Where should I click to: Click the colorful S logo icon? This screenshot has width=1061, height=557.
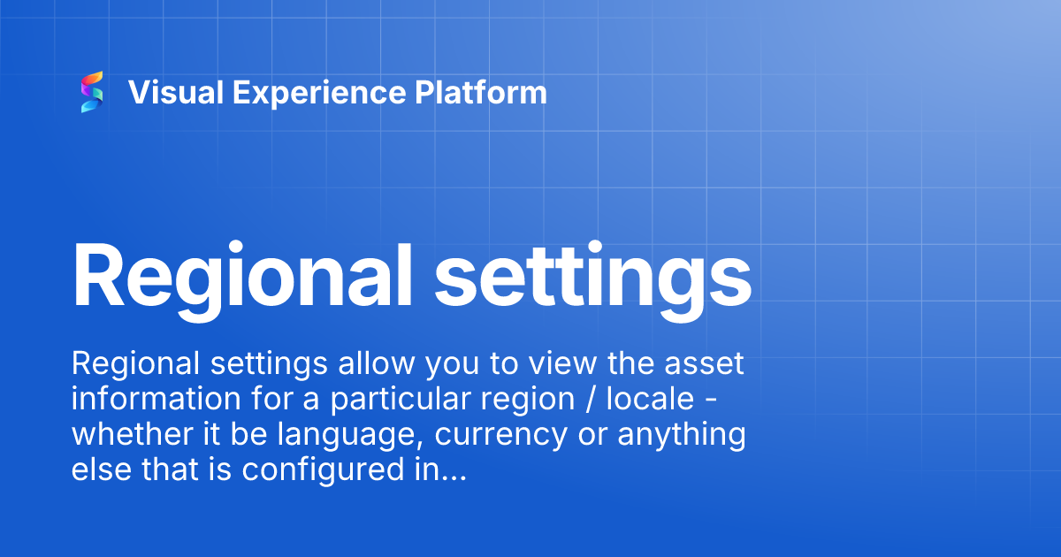pyautogui.click(x=92, y=93)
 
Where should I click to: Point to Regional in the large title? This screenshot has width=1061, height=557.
pyautogui.click(x=236, y=274)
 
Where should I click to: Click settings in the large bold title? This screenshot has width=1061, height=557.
pyautogui.click(x=592, y=274)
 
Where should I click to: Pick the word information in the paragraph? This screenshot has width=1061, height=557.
pyautogui.click(x=156, y=400)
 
